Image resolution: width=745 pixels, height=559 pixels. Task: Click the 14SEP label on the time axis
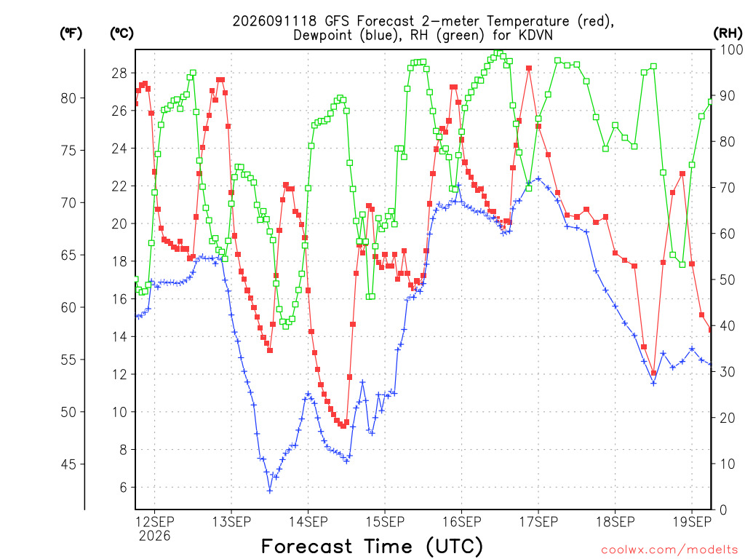308,522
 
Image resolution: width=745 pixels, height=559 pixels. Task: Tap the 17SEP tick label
538,522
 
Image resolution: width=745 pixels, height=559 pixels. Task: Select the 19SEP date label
692,522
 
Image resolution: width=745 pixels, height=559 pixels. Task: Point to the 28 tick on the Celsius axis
120,73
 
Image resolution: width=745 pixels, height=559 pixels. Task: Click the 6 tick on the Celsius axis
124,487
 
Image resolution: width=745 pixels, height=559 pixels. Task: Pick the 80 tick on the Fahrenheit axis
68,98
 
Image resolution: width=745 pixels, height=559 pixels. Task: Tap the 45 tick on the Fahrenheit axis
68,464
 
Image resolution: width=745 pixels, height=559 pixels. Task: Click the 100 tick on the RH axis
732,49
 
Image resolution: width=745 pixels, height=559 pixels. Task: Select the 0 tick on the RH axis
723,510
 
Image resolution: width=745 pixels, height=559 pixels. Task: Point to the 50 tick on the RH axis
728,279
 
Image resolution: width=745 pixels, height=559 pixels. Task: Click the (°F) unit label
71,33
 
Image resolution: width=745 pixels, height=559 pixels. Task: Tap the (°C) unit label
121,33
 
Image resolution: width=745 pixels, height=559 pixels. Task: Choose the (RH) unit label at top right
728,33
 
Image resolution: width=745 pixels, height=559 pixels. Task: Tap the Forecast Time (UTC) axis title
372,546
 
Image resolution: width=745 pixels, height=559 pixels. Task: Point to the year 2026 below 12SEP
154,536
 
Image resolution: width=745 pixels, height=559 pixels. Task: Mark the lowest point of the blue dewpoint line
270,491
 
